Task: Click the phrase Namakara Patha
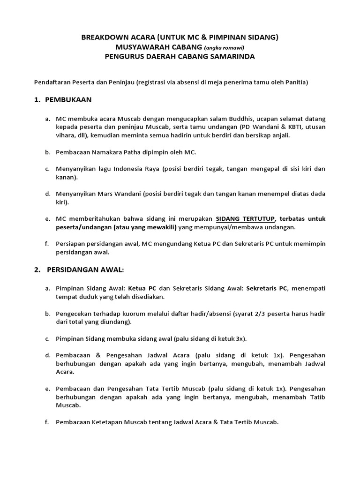(x=111, y=152)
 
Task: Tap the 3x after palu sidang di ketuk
(x=239, y=338)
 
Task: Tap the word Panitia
(x=295, y=82)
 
